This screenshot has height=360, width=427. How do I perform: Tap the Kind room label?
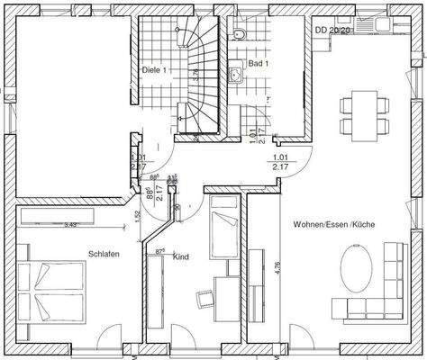[x=181, y=257]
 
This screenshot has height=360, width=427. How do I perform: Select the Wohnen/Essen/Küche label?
[x=333, y=223]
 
